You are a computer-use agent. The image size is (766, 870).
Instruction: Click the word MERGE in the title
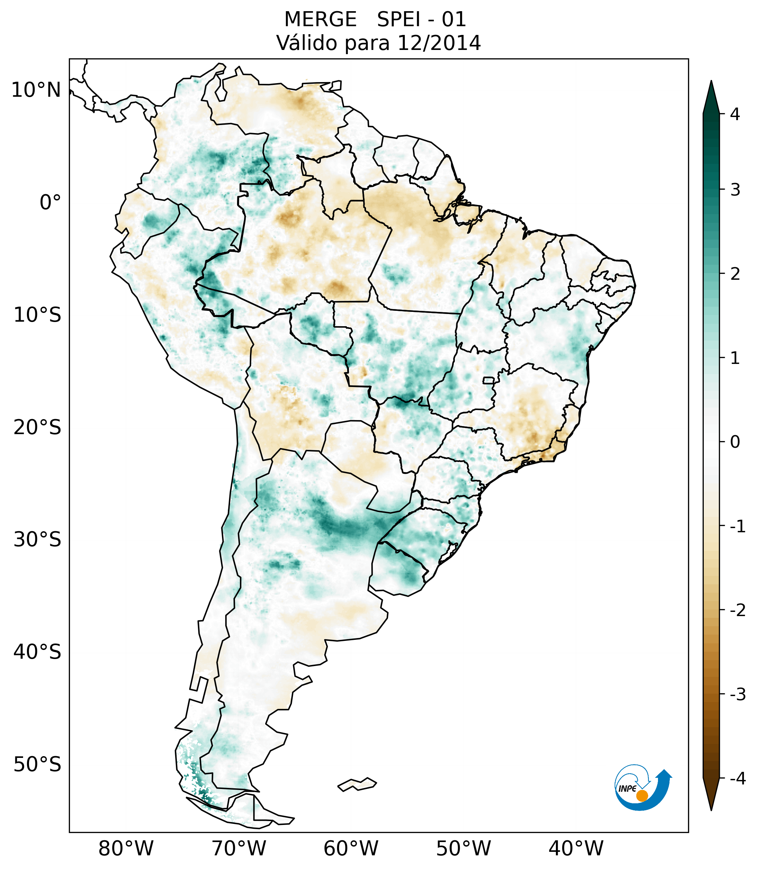pos(320,20)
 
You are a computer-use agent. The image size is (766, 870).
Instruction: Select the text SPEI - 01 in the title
pos(421,20)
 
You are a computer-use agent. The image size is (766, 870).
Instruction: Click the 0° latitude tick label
pos(50,203)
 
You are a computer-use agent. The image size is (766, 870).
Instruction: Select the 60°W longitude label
pos(351,848)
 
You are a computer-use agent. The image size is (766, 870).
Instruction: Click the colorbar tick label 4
pos(735,114)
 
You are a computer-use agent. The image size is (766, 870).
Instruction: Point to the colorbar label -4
pos(737,779)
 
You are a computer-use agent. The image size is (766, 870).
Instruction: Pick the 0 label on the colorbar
pos(735,442)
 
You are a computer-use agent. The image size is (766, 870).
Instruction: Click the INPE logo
pos(643,787)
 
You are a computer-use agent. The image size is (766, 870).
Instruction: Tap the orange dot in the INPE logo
pos(642,796)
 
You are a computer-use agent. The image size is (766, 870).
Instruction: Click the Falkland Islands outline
pos(357,784)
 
